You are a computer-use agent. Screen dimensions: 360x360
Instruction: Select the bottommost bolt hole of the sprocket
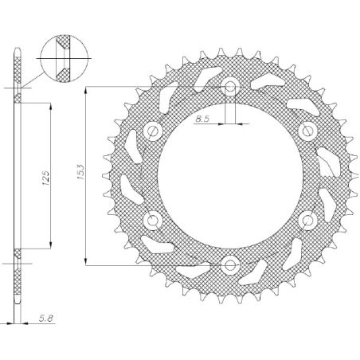coord(230,264)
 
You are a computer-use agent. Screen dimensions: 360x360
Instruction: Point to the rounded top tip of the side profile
coord(18,55)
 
